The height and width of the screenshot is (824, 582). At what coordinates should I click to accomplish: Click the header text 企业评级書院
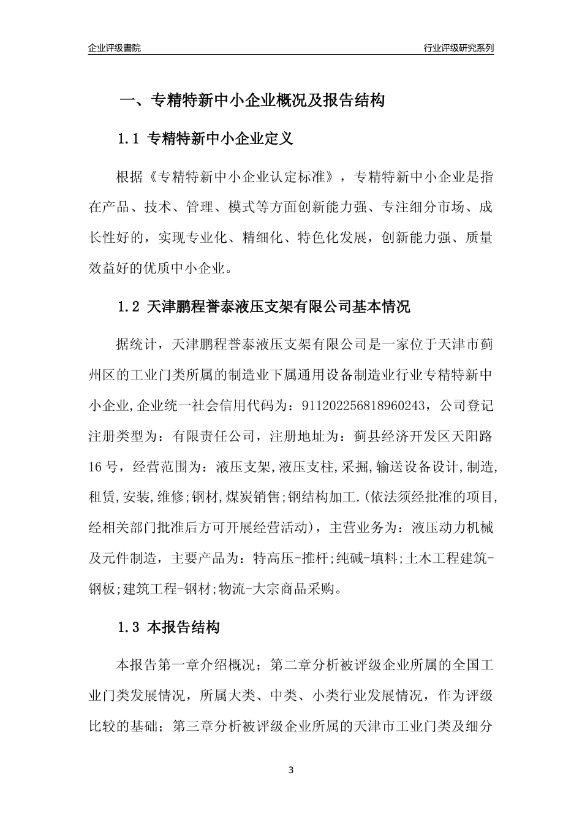(x=115, y=48)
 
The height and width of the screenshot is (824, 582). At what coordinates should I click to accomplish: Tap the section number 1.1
(x=129, y=139)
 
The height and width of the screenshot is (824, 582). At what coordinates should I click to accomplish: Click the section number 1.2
(x=129, y=307)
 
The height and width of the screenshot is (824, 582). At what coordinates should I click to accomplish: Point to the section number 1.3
(x=129, y=627)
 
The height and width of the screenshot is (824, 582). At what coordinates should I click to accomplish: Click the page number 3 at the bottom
(x=291, y=770)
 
